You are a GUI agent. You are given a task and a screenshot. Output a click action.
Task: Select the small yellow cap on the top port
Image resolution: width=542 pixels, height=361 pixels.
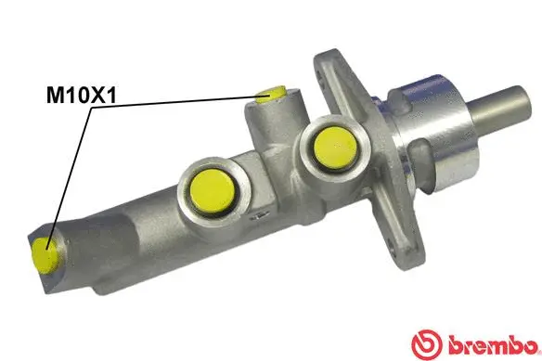click(x=272, y=93)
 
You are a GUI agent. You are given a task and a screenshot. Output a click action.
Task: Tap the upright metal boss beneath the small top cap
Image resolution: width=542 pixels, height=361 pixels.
click(x=269, y=125)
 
